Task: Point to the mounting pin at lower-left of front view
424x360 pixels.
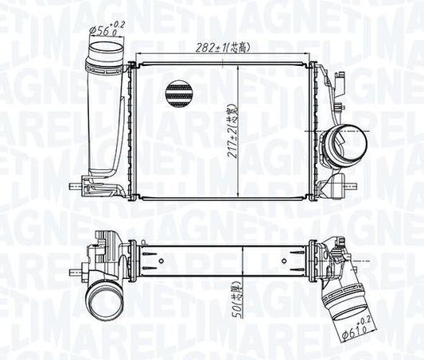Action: pos(77,188)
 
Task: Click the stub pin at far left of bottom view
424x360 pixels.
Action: pos(82,267)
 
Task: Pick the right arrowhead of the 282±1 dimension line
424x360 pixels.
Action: pos(316,53)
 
